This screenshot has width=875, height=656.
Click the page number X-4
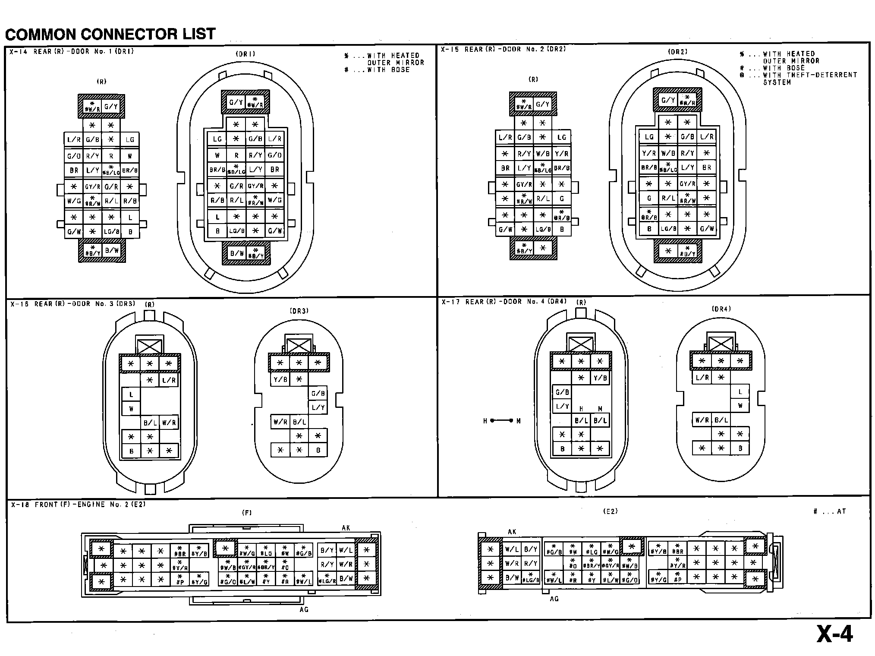(834, 634)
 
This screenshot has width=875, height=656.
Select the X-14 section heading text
(72, 51)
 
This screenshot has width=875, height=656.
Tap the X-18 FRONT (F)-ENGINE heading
(78, 504)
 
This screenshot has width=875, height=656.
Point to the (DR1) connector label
(246, 54)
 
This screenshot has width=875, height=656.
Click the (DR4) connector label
(721, 309)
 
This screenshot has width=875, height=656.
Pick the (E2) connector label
(610, 511)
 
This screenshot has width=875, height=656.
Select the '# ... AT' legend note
(829, 511)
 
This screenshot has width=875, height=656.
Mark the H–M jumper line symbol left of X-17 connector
(501, 420)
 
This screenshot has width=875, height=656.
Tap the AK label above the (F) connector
(346, 528)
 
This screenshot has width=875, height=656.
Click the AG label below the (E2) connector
(554, 599)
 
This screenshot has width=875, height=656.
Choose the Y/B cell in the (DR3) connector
(280, 379)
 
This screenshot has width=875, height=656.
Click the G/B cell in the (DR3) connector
(318, 393)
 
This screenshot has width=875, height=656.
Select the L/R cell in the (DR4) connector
(702, 378)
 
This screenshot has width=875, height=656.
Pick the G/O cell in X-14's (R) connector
(74, 156)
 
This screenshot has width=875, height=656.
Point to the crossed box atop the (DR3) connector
(299, 345)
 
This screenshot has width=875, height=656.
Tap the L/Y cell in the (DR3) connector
(318, 407)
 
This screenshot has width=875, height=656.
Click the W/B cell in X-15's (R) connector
(542, 154)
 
